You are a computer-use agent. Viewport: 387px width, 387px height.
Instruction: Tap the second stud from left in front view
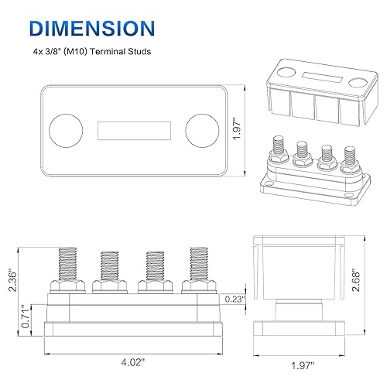pyautogui.click(x=109, y=267)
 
